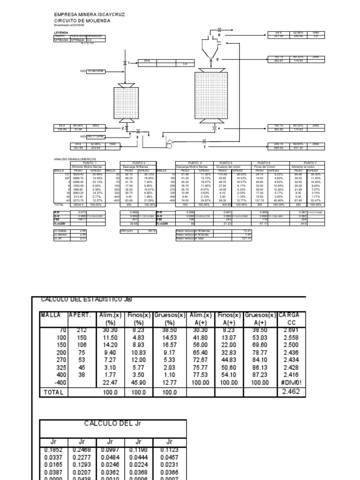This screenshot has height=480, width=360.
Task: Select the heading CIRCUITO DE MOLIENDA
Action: [83, 21]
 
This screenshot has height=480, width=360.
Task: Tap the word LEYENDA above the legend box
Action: [61, 33]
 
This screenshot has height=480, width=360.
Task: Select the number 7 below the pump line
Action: [204, 147]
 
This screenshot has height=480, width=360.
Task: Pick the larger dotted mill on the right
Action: [210, 96]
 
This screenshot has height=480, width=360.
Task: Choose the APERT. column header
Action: [80, 315]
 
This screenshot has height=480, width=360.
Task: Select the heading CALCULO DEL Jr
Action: [112, 423]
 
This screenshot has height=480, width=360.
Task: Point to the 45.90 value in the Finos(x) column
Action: [138, 383]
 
